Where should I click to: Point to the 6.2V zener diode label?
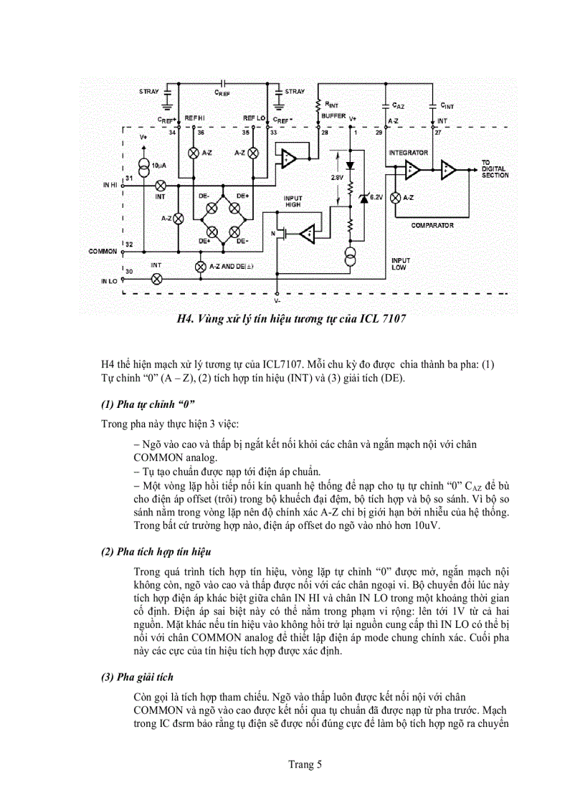pos(376,195)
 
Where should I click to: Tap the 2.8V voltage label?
pos(337,176)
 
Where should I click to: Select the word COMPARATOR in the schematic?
pos(432,225)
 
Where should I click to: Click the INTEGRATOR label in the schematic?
pos(408,153)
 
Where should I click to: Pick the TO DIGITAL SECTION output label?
pos(495,169)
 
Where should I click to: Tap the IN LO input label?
pos(109,282)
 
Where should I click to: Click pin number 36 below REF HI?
pos(200,133)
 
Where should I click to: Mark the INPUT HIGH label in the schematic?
pos(293,201)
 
